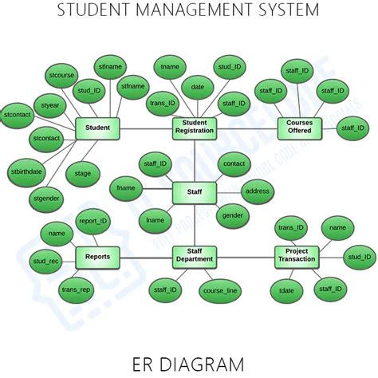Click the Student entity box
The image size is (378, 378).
(96, 128)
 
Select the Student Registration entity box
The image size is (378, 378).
(195, 128)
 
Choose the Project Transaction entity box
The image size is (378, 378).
(297, 256)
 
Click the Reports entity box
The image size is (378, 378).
(97, 256)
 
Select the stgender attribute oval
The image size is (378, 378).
(48, 196)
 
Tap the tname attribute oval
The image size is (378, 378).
(170, 67)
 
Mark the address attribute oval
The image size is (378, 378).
(258, 191)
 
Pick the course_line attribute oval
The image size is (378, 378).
(219, 292)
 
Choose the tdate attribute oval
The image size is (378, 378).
(286, 291)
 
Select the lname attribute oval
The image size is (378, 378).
(156, 220)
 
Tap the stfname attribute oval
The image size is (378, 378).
(134, 85)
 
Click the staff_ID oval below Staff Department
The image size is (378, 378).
(166, 292)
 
